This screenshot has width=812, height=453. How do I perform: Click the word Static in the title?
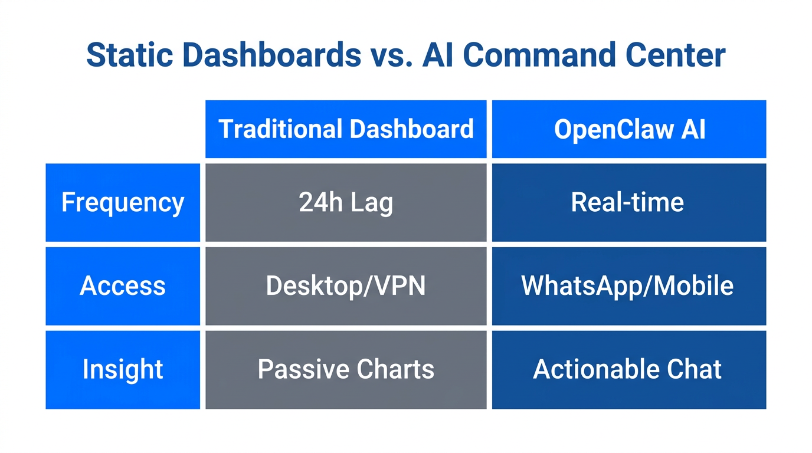point(129,55)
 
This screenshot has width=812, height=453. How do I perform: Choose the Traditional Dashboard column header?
point(346,129)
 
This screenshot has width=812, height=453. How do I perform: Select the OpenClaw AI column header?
point(629,129)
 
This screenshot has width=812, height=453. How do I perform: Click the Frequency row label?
point(123,203)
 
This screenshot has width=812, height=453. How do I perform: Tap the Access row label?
point(123,286)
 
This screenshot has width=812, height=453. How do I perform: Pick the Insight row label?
point(123,370)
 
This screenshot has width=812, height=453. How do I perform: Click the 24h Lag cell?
point(346,203)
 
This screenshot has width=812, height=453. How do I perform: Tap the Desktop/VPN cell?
point(346,286)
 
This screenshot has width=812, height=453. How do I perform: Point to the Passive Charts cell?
point(346,370)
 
